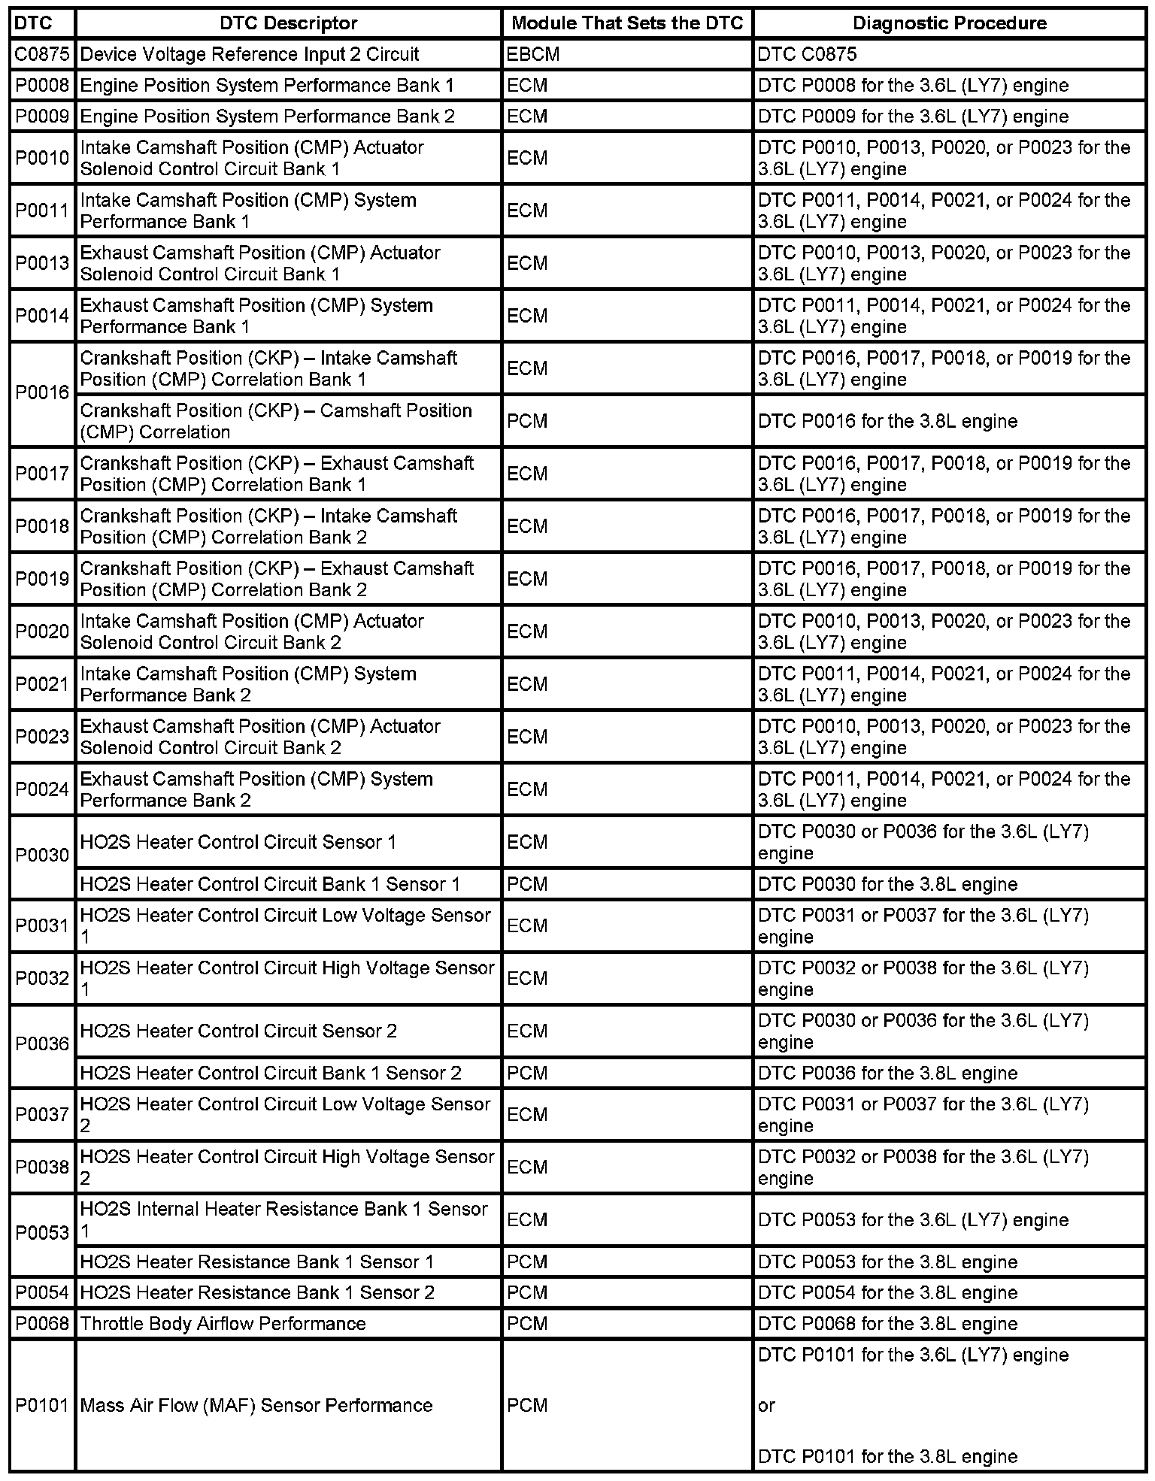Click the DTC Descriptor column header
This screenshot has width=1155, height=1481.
pos(288,23)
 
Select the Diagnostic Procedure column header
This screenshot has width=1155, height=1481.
pos(949,23)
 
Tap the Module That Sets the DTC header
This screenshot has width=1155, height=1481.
pos(627,23)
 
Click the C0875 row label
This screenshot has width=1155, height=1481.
pos(42,54)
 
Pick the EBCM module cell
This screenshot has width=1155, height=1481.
pos(533,54)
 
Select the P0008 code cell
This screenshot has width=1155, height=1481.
pos(42,85)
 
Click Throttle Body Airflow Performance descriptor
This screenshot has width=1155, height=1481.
pos(223,1323)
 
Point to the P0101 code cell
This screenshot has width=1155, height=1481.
pos(42,1405)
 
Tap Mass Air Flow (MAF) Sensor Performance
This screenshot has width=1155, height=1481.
pos(256,1405)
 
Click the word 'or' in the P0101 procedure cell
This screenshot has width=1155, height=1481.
pos(766,1405)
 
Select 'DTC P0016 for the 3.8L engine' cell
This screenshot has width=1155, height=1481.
pos(887,421)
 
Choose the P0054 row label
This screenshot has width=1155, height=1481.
pos(42,1292)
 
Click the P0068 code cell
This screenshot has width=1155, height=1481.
pos(42,1323)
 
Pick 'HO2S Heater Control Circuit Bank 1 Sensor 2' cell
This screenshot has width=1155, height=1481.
pos(271,1073)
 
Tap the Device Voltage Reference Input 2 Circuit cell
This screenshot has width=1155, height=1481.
pos(250,54)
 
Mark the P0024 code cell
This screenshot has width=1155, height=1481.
pos(42,789)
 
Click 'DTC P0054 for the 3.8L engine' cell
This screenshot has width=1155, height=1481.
pos(887,1292)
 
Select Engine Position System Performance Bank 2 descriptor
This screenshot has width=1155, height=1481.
pos(268,116)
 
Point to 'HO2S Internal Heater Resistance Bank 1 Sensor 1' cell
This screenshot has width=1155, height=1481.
pos(284,1219)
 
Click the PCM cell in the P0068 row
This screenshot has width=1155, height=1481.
pos(527,1323)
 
